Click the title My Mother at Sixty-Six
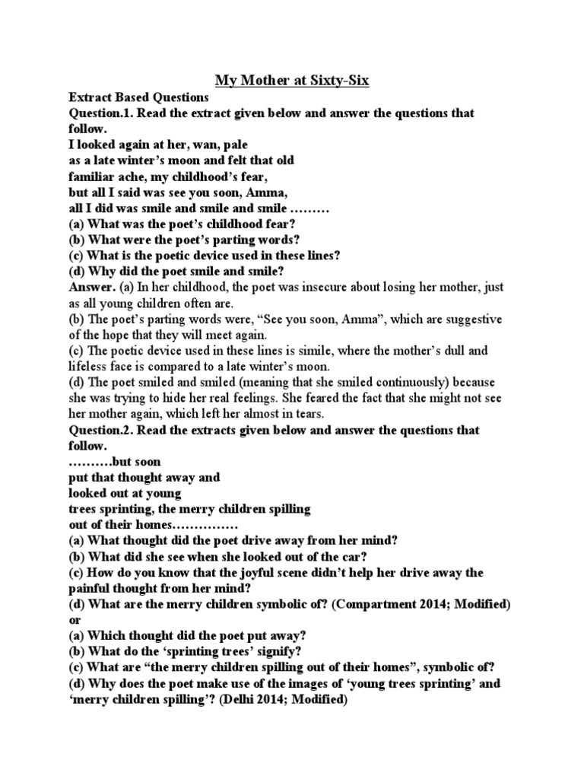click(x=292, y=80)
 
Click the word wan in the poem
click(x=201, y=145)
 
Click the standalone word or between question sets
click(x=75, y=620)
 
